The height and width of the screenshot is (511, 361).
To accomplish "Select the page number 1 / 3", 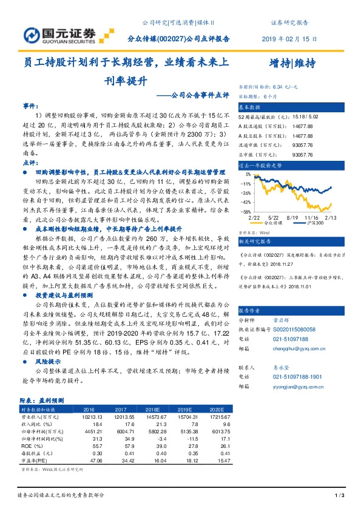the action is [339, 497].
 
